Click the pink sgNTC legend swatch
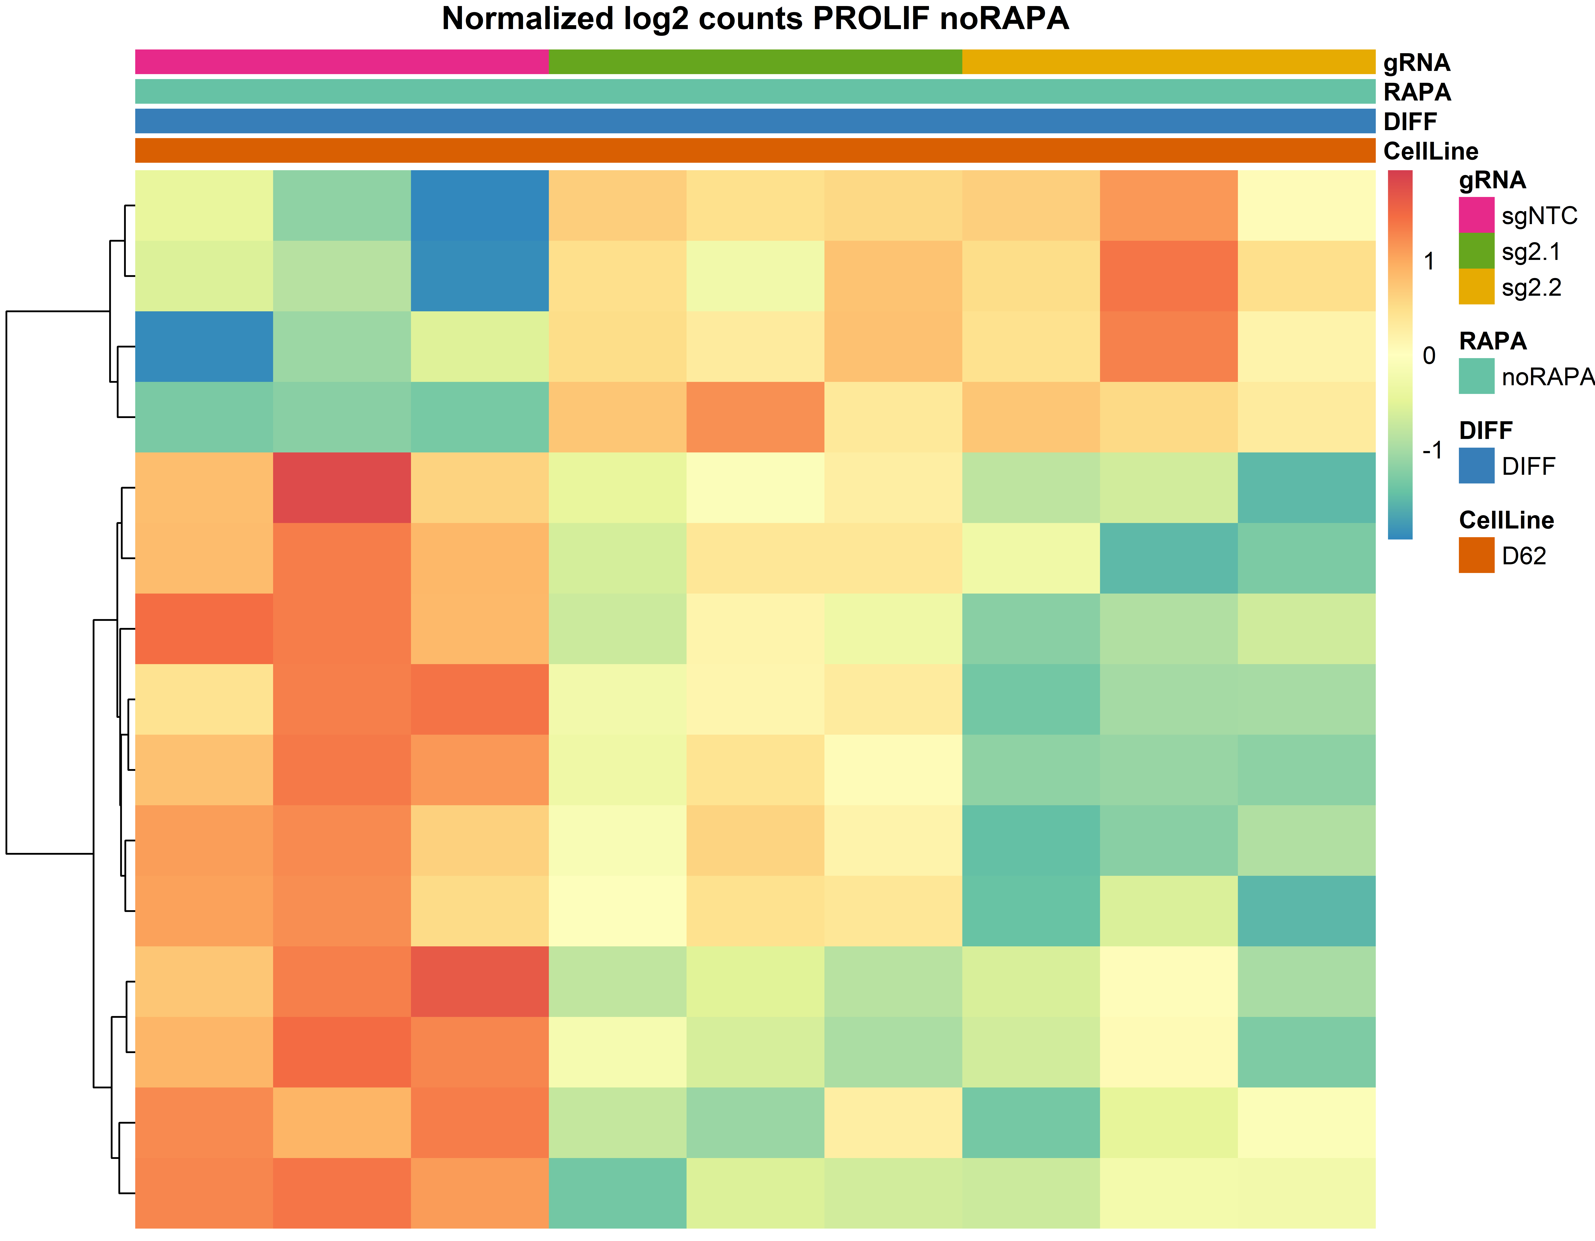[1476, 215]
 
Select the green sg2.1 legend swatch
[1476, 251]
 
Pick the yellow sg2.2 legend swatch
[1476, 286]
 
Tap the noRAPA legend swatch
[1476, 376]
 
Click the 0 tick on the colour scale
[1429, 356]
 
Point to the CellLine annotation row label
[1430, 151]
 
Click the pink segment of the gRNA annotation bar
[342, 62]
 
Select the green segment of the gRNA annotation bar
[755, 62]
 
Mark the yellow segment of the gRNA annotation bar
[1168, 62]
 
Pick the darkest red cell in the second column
[342, 487]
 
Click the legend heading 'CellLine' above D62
[1506, 520]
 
